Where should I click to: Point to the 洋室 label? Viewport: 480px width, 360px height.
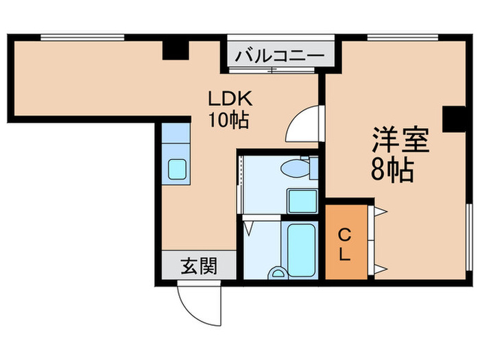[400, 140]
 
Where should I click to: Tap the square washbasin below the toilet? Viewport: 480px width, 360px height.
[301, 200]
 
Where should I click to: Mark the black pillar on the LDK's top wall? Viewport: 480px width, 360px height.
[176, 49]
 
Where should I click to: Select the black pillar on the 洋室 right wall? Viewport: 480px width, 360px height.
[453, 119]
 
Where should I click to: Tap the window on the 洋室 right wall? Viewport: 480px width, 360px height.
[470, 240]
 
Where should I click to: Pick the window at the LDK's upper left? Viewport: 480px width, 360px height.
[82, 37]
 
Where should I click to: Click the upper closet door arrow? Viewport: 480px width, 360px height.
[379, 211]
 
